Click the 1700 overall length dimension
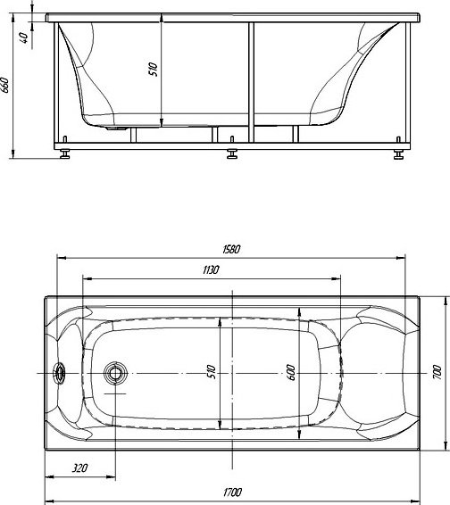(x=232, y=493)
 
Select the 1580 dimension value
(x=231, y=249)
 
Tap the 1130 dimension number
(x=211, y=269)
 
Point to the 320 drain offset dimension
(x=79, y=468)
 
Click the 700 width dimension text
(x=437, y=372)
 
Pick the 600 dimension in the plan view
(x=291, y=372)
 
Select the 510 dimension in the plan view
(x=211, y=372)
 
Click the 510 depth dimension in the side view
(x=154, y=70)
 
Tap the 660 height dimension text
(x=5, y=85)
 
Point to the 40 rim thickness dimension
(x=24, y=37)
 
